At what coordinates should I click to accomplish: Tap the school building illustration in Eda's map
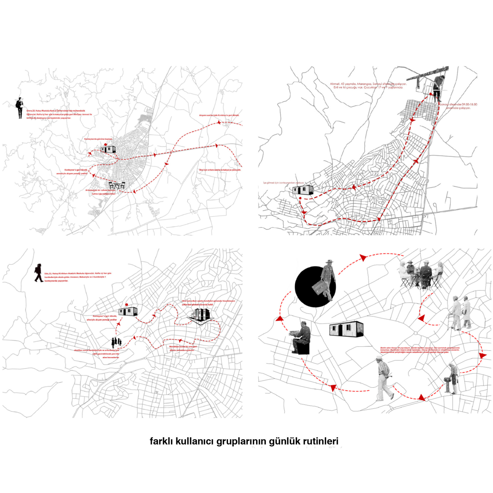(x=201, y=316)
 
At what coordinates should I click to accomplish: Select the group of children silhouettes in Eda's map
(x=116, y=342)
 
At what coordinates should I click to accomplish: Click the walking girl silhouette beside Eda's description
(x=39, y=273)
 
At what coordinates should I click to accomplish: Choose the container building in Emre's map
(x=108, y=149)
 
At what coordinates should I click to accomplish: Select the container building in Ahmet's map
(x=303, y=190)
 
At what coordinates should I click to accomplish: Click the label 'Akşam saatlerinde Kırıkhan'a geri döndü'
(x=219, y=115)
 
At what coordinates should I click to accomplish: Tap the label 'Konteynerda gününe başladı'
(x=98, y=139)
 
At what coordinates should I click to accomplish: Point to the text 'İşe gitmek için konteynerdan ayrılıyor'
(x=283, y=183)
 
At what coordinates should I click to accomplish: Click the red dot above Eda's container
(x=126, y=305)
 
